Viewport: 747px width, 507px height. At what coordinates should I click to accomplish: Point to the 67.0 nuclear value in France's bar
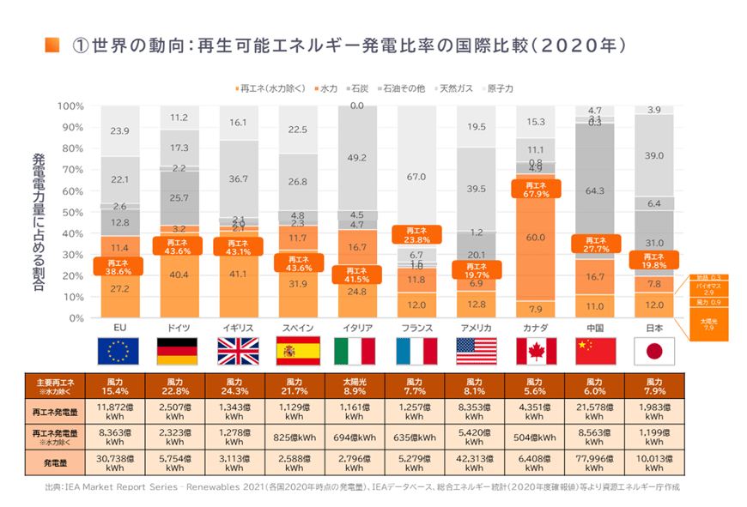tap(417, 177)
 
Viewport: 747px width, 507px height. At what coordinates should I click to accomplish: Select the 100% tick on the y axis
tap(70, 106)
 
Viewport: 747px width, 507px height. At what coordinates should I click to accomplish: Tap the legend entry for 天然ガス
tap(454, 88)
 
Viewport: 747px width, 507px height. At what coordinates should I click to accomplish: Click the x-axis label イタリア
tap(357, 328)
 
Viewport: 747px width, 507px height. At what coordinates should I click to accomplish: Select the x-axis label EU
tap(120, 328)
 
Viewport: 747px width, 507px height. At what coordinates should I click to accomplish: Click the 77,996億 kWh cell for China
tap(595, 464)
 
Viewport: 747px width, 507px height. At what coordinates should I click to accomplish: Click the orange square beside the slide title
tap(52, 44)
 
